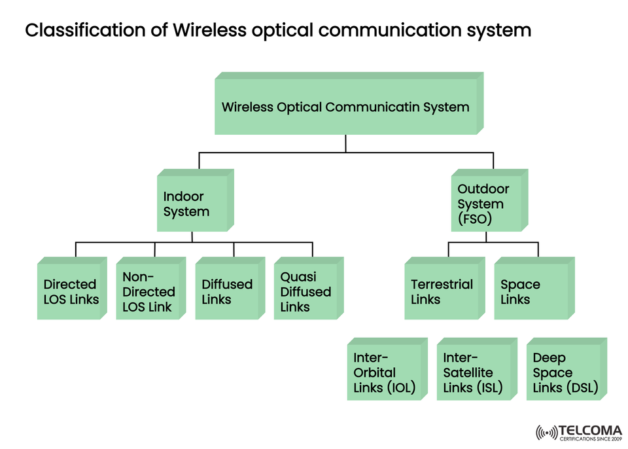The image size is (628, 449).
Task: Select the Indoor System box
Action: (x=192, y=204)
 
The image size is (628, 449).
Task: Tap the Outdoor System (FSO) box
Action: (x=487, y=204)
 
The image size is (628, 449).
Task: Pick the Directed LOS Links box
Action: (x=69, y=292)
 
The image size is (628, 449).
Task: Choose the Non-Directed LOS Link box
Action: (x=148, y=292)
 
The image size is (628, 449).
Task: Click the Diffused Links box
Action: (x=227, y=292)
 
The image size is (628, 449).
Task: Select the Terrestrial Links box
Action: (x=442, y=292)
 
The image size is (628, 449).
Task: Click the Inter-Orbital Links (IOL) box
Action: (x=384, y=372)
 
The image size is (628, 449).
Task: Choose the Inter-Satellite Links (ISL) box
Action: (x=474, y=372)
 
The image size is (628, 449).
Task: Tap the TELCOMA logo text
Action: (x=590, y=430)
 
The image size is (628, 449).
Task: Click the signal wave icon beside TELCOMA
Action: (x=546, y=433)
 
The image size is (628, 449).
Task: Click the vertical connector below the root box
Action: (x=346, y=144)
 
